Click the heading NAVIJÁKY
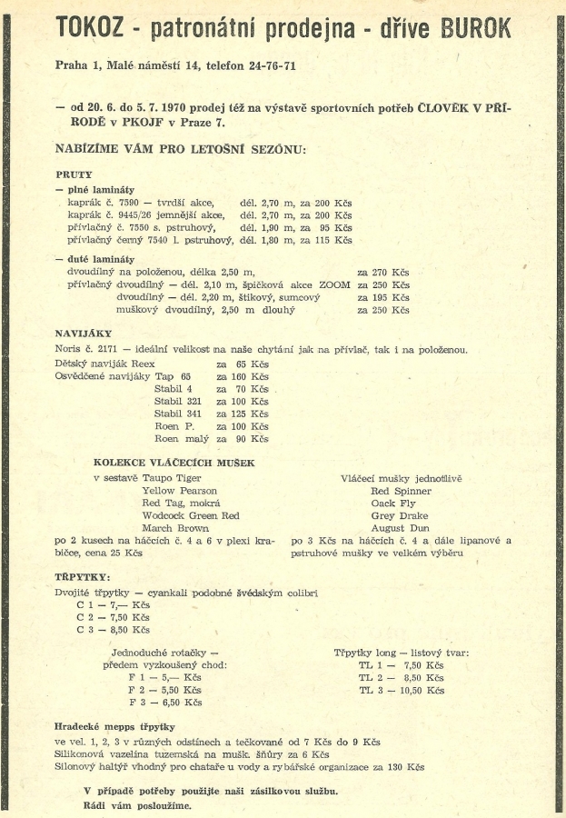click(84, 334)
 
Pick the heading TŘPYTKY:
click(83, 577)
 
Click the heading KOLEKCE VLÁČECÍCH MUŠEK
click(174, 463)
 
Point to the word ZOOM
click(334, 284)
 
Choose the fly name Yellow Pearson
click(180, 490)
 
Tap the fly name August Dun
click(401, 528)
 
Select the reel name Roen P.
click(174, 426)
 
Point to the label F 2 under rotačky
click(137, 690)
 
